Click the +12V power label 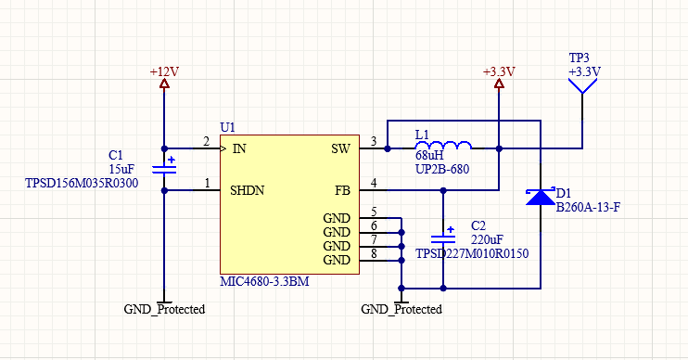(164, 71)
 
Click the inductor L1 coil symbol (443, 145)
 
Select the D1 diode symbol (541, 197)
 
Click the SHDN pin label (247, 190)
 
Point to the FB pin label (342, 190)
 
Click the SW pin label (340, 149)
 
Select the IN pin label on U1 (239, 149)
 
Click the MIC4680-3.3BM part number (264, 281)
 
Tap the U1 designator (228, 128)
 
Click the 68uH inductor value (429, 156)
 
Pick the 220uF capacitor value (487, 239)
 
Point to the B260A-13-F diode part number (588, 207)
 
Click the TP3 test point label (579, 58)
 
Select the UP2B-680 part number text (442, 169)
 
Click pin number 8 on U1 (374, 253)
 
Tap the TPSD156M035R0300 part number (82, 183)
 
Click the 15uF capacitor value (121, 169)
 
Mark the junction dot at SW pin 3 (388, 148)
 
